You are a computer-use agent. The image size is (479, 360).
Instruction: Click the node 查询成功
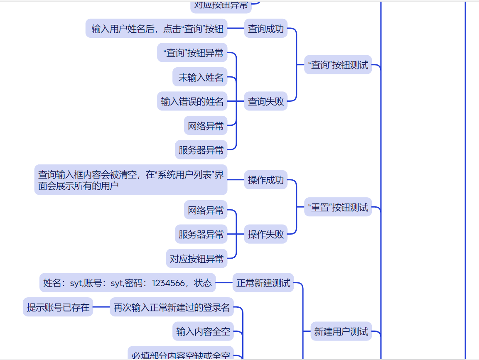pyautogui.click(x=265, y=29)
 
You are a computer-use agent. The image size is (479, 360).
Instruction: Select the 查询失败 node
pyautogui.click(x=265, y=101)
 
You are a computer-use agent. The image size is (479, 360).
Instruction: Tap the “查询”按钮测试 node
pyautogui.click(x=338, y=65)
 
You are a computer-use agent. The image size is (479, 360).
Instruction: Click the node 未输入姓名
pyautogui.click(x=201, y=77)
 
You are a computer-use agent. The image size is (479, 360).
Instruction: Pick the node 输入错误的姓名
pyautogui.click(x=192, y=101)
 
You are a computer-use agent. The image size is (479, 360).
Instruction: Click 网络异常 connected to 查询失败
pyautogui.click(x=206, y=126)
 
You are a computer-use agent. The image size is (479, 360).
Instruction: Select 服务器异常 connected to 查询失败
pyautogui.click(x=201, y=150)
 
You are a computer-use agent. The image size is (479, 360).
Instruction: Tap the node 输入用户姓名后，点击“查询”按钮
pyautogui.click(x=157, y=29)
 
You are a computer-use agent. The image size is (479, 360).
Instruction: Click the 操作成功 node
pyautogui.click(x=265, y=180)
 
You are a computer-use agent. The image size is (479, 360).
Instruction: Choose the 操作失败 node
pyautogui.click(x=265, y=234)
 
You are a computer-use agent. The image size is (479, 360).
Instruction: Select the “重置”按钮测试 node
pyautogui.click(x=338, y=207)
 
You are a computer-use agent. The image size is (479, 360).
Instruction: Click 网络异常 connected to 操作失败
pyautogui.click(x=206, y=210)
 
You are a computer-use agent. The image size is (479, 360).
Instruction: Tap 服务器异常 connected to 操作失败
pyautogui.click(x=201, y=234)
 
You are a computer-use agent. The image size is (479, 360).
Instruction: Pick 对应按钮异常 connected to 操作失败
pyautogui.click(x=197, y=259)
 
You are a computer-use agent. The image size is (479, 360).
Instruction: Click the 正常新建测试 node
pyautogui.click(x=263, y=283)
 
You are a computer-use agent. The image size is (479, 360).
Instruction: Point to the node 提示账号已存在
pyautogui.click(x=58, y=307)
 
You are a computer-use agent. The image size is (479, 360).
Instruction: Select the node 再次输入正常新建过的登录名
pyautogui.click(x=172, y=308)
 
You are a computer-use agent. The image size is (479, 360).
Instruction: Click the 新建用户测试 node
pyautogui.click(x=341, y=331)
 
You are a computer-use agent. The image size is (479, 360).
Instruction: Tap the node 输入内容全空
pyautogui.click(x=203, y=331)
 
